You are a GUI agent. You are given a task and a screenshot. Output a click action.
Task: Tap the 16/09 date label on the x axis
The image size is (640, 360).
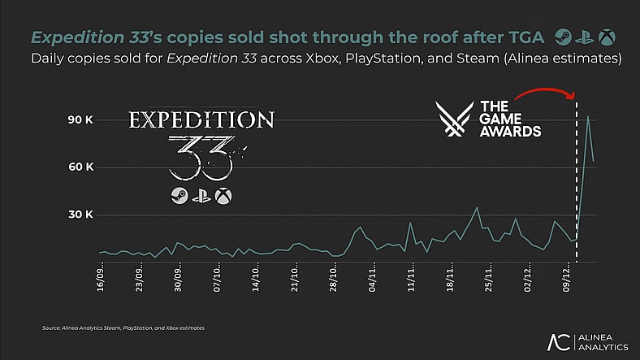pyautogui.click(x=100, y=280)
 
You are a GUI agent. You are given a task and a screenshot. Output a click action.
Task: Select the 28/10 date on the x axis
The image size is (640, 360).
pyautogui.click(x=334, y=280)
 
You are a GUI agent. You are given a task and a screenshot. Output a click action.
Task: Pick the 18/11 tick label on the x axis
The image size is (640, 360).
pyautogui.click(x=451, y=280)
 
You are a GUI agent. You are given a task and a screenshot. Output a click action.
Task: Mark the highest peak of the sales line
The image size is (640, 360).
pyautogui.click(x=588, y=116)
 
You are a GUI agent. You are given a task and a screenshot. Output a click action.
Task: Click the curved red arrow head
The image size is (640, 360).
pyautogui.click(x=572, y=97)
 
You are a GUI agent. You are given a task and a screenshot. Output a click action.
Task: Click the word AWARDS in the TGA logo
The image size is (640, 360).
pyautogui.click(x=510, y=130)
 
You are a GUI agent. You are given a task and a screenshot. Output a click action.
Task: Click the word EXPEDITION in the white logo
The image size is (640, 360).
pyautogui.click(x=201, y=121)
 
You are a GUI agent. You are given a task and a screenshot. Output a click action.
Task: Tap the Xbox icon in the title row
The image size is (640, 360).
pyautogui.click(x=607, y=37)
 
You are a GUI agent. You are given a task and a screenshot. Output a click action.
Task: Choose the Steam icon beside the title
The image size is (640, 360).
pyautogui.click(x=562, y=37)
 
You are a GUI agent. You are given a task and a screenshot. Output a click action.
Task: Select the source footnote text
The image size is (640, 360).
pyautogui.click(x=123, y=327)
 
